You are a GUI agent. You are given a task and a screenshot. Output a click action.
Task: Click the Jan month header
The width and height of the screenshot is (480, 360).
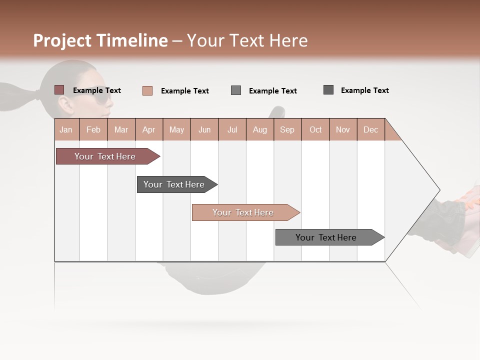pyautogui.click(x=66, y=129)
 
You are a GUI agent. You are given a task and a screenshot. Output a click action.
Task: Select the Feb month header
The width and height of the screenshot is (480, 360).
pyautogui.click(x=93, y=129)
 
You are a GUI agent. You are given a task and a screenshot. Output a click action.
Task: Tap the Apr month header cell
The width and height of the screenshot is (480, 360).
pyautogui.click(x=149, y=129)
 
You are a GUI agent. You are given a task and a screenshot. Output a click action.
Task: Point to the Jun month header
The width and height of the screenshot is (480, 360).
pyautogui.click(x=204, y=129)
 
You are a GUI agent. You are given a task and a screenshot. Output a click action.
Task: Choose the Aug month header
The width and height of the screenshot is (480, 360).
pyautogui.click(x=260, y=129)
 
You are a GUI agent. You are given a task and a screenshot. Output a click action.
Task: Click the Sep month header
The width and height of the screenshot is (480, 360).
pyautogui.click(x=287, y=129)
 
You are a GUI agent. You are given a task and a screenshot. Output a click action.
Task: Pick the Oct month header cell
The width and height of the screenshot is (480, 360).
pyautogui.click(x=315, y=129)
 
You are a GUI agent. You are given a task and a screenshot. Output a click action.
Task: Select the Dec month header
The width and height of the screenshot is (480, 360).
pyautogui.click(x=371, y=129)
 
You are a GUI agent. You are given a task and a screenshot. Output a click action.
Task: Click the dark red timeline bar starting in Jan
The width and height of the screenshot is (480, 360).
pyautogui.click(x=105, y=156)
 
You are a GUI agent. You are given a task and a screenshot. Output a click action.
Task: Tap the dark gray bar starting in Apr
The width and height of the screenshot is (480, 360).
pyautogui.click(x=175, y=184)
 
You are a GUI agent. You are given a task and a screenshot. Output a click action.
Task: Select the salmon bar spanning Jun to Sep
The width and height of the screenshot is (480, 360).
pyautogui.click(x=243, y=212)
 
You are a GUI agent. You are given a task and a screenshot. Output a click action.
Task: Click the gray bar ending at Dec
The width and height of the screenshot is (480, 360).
pyautogui.click(x=327, y=237)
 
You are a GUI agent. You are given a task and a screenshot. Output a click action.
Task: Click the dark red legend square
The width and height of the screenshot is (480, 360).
pyautogui.click(x=59, y=90)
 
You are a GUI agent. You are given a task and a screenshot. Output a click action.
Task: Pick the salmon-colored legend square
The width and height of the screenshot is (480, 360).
pyautogui.click(x=147, y=90)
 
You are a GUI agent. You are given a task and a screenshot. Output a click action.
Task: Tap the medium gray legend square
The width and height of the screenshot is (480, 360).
pyautogui.click(x=236, y=90)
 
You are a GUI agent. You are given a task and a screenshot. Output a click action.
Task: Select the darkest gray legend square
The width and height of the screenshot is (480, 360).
pyautogui.click(x=328, y=90)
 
